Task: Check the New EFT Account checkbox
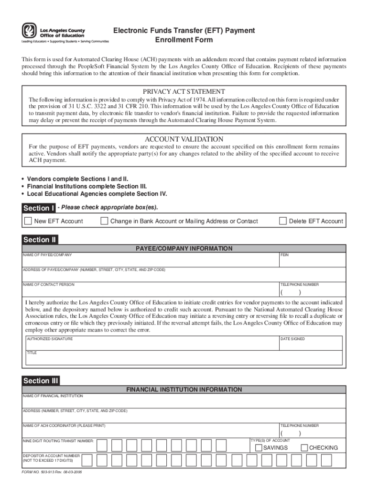pyautogui.click(x=28, y=221)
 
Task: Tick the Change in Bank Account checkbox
pyautogui.click(x=104, y=221)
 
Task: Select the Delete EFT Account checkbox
pyautogui.click(x=283, y=221)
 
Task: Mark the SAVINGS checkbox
pyautogui.click(x=259, y=447)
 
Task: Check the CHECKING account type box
pyautogui.click(x=304, y=447)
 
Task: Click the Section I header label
pyautogui.click(x=39, y=208)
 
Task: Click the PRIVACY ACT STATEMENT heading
pyautogui.click(x=184, y=91)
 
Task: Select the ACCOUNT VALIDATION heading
pyautogui.click(x=184, y=139)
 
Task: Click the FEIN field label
pyautogui.click(x=284, y=255)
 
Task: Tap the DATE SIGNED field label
pyautogui.click(x=292, y=339)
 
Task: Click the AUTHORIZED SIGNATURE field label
pyautogui.click(x=50, y=339)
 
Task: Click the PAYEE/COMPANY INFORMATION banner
pyautogui.click(x=184, y=248)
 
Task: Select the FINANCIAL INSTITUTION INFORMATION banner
pyautogui.click(x=184, y=390)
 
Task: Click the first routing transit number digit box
pyautogui.click(x=102, y=445)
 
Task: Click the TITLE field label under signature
pyautogui.click(x=32, y=353)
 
